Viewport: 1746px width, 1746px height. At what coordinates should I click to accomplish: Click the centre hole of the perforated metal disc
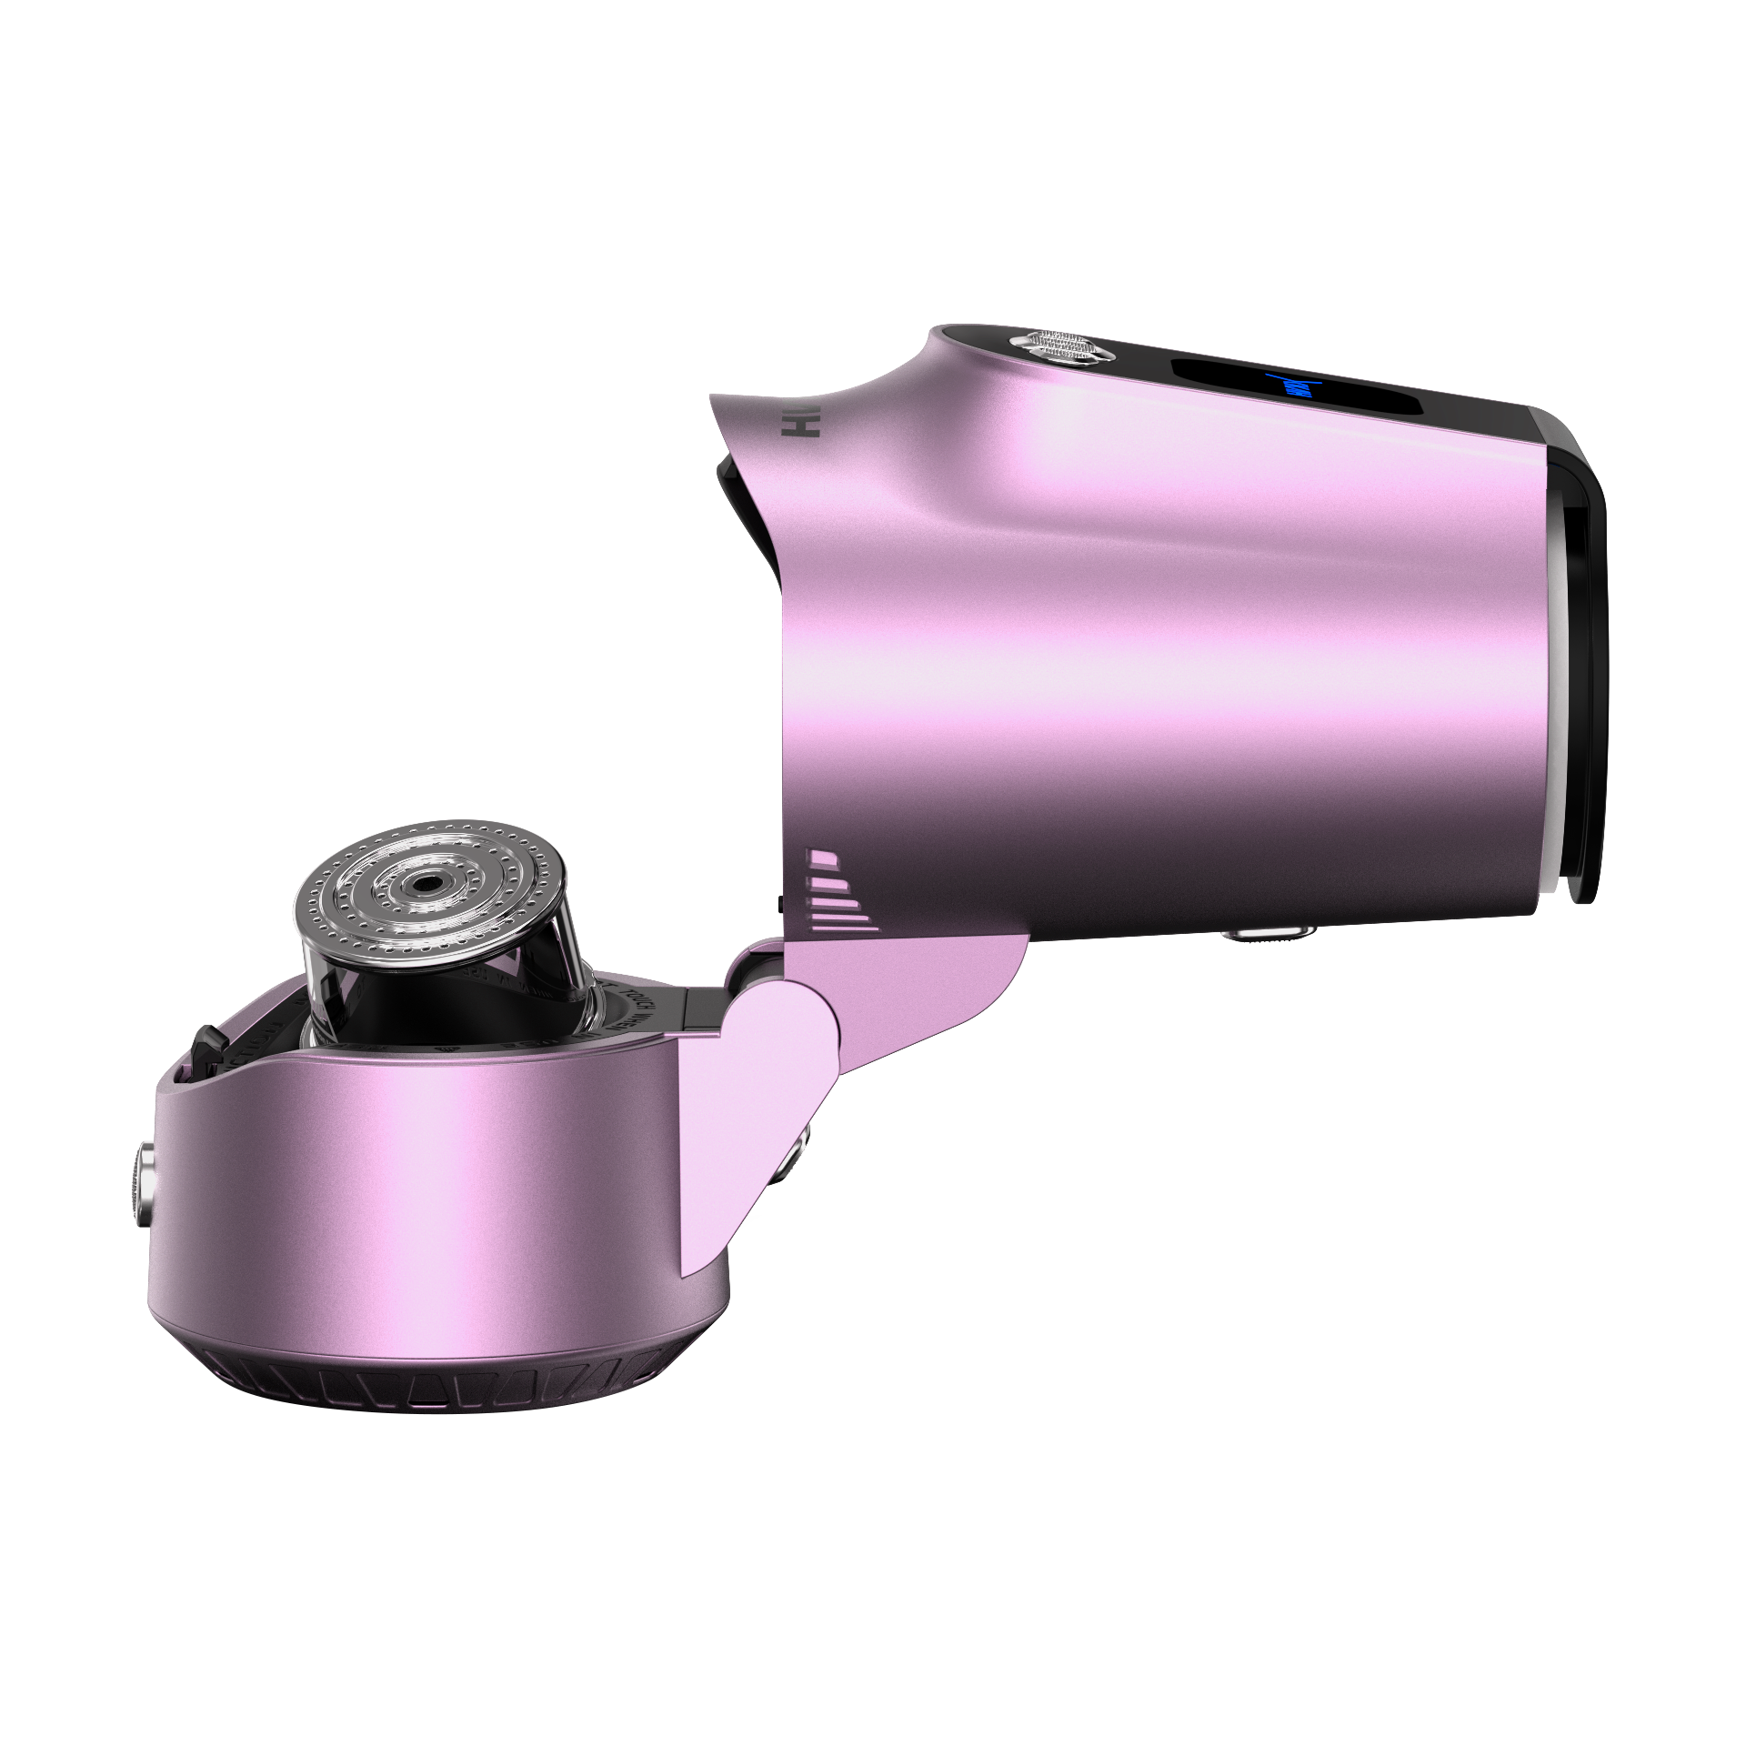(424, 881)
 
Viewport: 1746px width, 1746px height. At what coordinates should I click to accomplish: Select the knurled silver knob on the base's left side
(141, 1188)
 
